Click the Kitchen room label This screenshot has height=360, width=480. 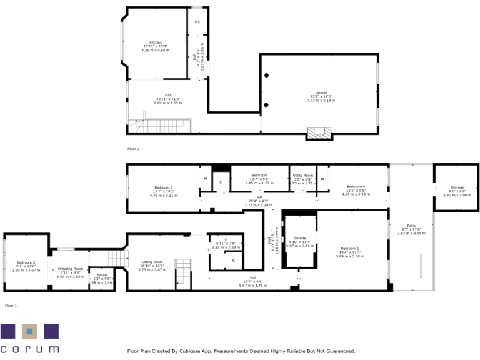pos(155,42)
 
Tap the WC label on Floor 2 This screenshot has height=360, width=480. pos(197,22)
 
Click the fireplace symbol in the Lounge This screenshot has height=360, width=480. pos(319,132)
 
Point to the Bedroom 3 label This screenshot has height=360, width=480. pos(164,187)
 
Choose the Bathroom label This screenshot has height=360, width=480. pos(260,175)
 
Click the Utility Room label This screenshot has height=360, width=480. pos(302,176)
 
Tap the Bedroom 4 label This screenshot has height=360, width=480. pos(356,186)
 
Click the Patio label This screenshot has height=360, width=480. pos(411,225)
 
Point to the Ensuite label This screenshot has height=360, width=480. pos(299,238)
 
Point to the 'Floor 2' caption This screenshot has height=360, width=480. pos(133,149)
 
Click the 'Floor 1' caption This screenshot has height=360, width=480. pos(11,306)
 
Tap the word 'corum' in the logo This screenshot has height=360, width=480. pos(29,349)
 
